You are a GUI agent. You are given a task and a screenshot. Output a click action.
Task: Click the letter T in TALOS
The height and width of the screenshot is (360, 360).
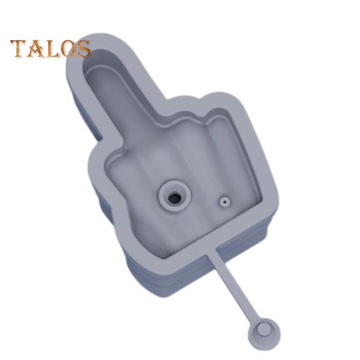click(x=19, y=48)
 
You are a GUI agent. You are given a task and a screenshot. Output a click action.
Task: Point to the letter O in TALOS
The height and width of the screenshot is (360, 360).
click(x=69, y=48)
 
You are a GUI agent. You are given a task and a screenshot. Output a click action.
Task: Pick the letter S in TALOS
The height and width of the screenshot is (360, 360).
click(x=84, y=48)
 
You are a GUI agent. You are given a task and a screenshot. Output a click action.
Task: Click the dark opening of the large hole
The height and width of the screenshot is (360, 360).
click(x=174, y=198)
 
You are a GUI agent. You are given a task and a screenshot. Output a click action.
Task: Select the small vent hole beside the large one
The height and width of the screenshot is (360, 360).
click(x=225, y=202)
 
